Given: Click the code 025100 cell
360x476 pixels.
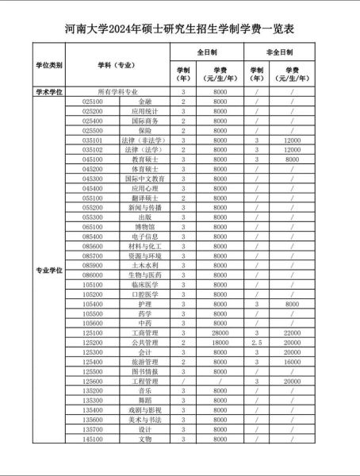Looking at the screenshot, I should pyautogui.click(x=93, y=102).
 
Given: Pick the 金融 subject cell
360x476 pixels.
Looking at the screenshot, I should pyautogui.click(x=145, y=102).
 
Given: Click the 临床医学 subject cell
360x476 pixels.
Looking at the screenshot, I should pyautogui.click(x=145, y=284).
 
